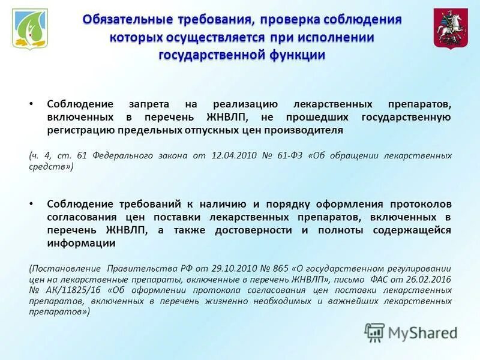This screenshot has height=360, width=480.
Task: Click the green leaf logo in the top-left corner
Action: [31, 31]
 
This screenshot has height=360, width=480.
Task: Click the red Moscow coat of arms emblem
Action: [451, 29]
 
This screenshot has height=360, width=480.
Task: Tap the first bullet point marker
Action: [31, 103]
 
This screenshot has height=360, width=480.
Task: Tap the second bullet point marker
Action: [31, 204]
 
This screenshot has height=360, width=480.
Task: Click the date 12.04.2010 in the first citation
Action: [235, 155]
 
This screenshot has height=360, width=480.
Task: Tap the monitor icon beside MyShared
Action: [375, 332]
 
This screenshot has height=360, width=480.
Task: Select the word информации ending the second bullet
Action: [81, 244]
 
